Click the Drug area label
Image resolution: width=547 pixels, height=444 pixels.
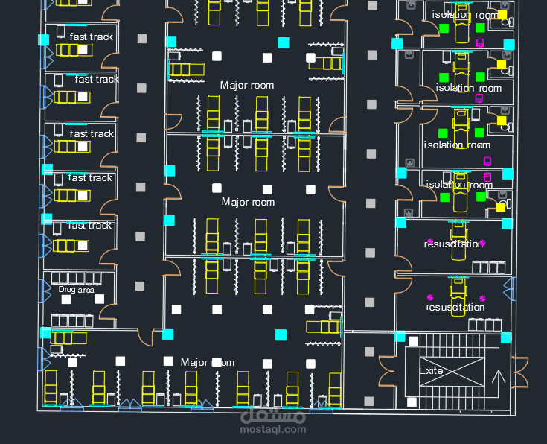tap(77, 289)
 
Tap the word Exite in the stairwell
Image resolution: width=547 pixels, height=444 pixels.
tap(432, 370)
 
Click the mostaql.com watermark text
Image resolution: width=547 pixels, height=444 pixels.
tap(273, 429)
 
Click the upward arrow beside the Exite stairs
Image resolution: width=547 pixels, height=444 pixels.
tap(499, 376)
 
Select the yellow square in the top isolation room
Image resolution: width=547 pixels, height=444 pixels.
tap(502, 13)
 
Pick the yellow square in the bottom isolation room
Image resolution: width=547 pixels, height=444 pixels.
tap(501, 206)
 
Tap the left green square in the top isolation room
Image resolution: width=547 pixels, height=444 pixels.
tap(444, 28)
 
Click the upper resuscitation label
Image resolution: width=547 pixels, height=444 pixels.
tap(454, 244)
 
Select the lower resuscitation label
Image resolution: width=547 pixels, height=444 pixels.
tap(455, 307)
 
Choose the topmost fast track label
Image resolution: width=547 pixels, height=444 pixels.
tap(91, 36)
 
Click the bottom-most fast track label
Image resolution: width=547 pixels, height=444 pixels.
tap(90, 225)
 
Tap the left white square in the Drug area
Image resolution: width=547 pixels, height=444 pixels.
tap(66, 299)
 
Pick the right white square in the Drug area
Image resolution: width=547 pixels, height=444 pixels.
tap(100, 299)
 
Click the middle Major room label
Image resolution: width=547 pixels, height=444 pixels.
tap(248, 202)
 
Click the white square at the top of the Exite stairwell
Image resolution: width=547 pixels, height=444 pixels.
tap(413, 341)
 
